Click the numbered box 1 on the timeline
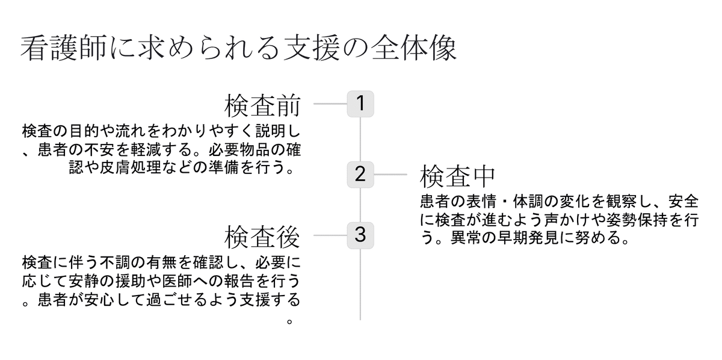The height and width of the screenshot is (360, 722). [x=360, y=104]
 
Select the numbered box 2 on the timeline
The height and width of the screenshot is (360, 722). [x=360, y=175]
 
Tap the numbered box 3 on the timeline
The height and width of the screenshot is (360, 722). [x=360, y=235]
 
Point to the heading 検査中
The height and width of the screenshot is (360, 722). [x=457, y=176]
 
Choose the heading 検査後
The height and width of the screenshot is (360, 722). [x=262, y=237]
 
